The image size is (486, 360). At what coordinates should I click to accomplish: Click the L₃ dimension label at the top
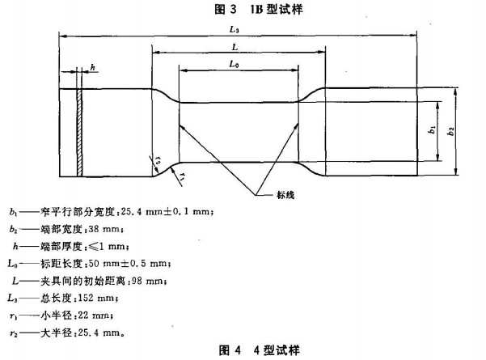click(235, 29)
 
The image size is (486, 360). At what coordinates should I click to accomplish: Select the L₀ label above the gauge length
click(234, 64)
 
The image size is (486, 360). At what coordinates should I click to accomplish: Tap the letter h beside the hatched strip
click(93, 67)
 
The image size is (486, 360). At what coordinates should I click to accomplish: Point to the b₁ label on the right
click(432, 129)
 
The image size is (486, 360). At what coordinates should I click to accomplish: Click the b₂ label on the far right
click(450, 131)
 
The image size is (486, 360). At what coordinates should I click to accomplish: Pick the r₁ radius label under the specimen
click(183, 176)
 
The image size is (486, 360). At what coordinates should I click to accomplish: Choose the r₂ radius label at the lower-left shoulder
click(158, 160)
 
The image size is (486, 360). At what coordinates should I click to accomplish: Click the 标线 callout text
click(285, 195)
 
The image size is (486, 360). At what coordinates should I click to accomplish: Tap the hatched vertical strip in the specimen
click(80, 133)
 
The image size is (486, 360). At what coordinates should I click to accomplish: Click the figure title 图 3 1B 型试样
click(259, 9)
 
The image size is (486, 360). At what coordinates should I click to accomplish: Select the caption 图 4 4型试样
click(260, 350)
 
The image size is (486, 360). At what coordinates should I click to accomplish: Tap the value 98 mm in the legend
click(149, 281)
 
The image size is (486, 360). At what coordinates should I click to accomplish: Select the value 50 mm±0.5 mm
click(129, 264)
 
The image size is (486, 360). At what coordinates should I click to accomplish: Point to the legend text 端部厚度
click(61, 247)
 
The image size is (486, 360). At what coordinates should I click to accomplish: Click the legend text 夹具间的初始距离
click(82, 281)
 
